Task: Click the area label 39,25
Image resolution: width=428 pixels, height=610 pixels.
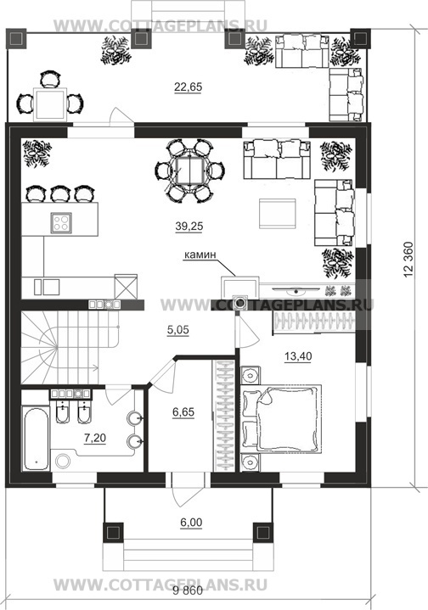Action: point(189,226)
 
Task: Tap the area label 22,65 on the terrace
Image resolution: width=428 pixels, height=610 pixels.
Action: point(189,87)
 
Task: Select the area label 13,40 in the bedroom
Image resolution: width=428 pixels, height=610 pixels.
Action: point(298,356)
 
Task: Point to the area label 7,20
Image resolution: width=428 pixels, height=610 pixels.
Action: point(95,438)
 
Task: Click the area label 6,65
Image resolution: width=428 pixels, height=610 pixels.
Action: point(183,411)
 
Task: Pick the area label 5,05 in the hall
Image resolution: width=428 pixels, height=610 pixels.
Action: point(177,330)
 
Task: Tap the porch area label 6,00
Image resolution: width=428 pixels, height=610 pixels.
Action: point(191,523)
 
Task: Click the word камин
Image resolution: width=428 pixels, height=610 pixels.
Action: point(200,255)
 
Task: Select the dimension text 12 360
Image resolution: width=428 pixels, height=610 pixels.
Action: point(408,260)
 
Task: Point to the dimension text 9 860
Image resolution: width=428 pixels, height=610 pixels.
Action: point(188,591)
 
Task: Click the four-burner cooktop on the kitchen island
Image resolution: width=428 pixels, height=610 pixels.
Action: point(61,223)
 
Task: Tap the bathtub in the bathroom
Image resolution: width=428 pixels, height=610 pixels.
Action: point(37,439)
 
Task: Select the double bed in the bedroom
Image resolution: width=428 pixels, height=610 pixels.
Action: point(282,418)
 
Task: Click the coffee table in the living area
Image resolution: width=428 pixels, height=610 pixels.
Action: point(278,213)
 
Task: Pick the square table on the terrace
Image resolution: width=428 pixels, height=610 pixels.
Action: point(50,104)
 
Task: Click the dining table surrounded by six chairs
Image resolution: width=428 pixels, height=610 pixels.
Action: point(189,171)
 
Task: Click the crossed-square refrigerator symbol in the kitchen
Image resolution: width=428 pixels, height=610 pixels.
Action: point(126,287)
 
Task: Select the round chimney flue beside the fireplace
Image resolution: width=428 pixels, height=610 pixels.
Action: point(240,303)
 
